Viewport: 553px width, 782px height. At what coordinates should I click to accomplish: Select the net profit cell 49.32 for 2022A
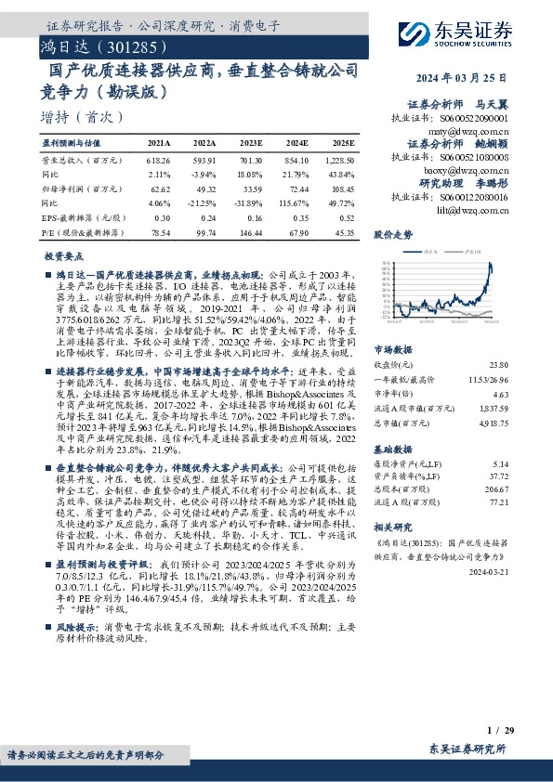click(204, 188)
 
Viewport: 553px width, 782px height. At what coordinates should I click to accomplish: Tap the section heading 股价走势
click(393, 235)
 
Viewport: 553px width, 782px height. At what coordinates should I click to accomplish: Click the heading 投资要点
click(64, 254)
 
